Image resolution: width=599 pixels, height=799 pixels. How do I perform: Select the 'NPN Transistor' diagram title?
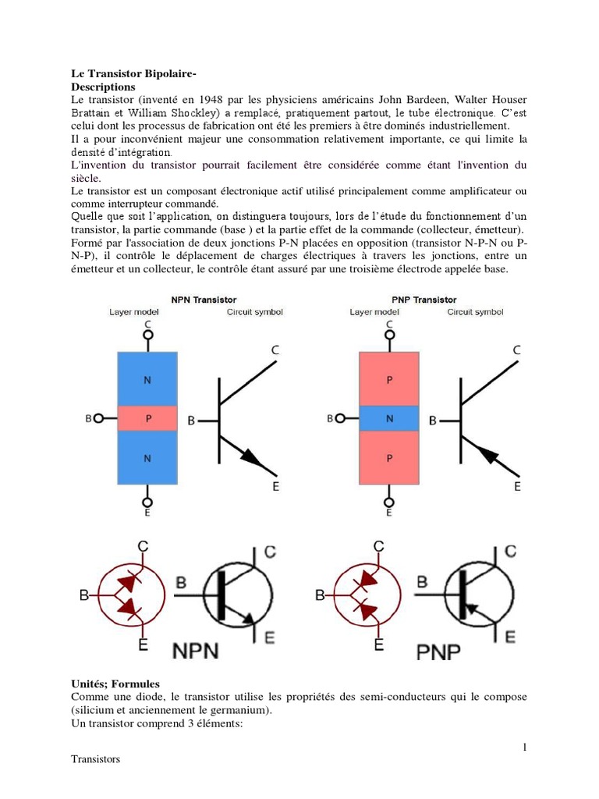tap(204, 300)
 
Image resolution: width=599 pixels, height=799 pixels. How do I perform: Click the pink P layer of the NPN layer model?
tap(148, 419)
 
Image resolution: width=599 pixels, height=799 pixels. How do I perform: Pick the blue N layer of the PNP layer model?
tap(389, 419)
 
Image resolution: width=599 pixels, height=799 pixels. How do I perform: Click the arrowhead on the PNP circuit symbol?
tap(484, 453)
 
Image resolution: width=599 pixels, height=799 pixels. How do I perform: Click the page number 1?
tap(525, 748)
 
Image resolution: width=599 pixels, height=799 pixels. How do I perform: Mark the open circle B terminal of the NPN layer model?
tap(99, 419)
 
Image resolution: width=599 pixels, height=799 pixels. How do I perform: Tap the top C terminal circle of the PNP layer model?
tap(389, 336)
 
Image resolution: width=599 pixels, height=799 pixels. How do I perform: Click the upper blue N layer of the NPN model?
tap(148, 379)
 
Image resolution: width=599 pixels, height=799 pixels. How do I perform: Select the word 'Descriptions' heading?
tap(103, 87)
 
